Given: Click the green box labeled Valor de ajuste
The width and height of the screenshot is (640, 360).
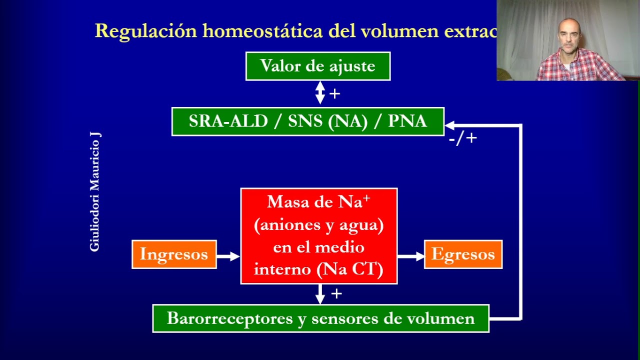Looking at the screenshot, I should (317, 66).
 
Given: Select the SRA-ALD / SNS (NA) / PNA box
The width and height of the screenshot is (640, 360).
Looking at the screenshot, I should (307, 121).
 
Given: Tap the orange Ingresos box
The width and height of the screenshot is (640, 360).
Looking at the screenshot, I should (174, 254).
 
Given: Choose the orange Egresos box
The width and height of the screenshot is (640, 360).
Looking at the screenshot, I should (463, 254).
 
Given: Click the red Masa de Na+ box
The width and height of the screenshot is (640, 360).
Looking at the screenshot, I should (318, 236).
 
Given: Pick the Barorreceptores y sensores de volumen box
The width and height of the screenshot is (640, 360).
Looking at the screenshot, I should (320, 318).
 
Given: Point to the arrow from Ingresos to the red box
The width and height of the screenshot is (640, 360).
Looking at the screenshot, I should (228, 256).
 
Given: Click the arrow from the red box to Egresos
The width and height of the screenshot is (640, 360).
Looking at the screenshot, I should (410, 256).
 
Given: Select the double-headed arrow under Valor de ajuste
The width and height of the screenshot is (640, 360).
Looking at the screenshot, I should (320, 93).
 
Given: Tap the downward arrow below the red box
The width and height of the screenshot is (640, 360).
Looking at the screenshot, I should (320, 294).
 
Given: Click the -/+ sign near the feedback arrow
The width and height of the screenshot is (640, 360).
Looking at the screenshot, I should (462, 138).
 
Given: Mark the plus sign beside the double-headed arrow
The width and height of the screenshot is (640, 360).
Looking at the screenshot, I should (335, 93).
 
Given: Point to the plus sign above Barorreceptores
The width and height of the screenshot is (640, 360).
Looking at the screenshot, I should (336, 293).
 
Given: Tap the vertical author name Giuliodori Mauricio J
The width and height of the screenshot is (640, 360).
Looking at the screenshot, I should (95, 191).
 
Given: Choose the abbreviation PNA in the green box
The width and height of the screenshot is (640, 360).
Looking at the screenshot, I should (407, 121).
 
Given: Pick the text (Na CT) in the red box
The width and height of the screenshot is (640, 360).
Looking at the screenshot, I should (350, 269).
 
